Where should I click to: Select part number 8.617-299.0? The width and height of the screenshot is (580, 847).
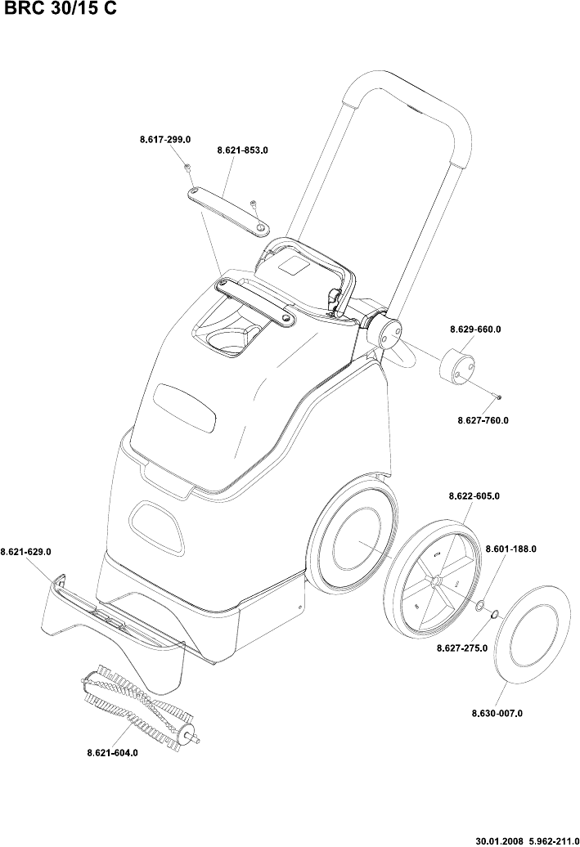point(165,140)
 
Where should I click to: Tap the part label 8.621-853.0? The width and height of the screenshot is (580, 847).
point(243,150)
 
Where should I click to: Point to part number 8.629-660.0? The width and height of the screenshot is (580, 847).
point(475,329)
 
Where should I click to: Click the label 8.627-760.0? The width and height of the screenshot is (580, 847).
point(483,420)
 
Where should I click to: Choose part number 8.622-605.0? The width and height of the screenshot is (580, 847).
point(474,495)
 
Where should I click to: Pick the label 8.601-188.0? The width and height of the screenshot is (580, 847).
point(511,549)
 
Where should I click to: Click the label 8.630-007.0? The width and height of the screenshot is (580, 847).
point(497,713)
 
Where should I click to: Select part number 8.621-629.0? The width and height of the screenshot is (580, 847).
point(26,552)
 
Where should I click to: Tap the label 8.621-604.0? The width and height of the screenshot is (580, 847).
point(112,752)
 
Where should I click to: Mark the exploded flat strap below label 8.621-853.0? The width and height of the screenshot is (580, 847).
point(227,209)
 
